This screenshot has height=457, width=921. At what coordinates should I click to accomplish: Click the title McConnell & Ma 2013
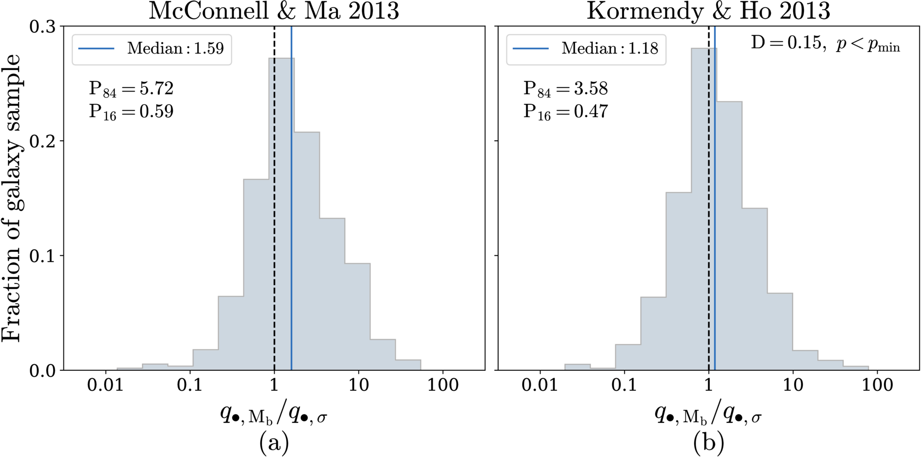[274, 11]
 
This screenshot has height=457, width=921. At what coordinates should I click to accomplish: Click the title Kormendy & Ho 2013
[708, 11]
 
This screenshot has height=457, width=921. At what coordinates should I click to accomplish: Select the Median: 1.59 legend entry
[151, 49]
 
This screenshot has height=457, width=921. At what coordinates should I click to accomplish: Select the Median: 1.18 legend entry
[585, 49]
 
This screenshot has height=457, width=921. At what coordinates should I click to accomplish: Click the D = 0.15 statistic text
[786, 43]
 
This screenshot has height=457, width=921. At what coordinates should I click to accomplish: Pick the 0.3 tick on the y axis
[43, 26]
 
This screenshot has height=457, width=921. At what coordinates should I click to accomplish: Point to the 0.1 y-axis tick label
[43, 256]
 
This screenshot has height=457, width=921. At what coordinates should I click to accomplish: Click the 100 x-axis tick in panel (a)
[443, 385]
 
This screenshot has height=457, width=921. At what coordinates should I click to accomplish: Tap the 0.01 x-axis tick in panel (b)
[540, 385]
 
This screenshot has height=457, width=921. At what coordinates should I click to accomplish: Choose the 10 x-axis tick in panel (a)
[359, 385]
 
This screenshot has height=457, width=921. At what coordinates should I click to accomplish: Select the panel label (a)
[274, 443]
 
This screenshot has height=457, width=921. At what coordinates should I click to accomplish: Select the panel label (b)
[708, 443]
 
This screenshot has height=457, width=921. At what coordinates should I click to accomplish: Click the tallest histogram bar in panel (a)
[281, 214]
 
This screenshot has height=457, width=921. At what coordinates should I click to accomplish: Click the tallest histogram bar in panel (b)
[704, 209]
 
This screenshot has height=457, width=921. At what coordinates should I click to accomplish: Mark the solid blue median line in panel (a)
[291, 198]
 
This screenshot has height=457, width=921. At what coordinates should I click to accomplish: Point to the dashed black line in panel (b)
[708, 198]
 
